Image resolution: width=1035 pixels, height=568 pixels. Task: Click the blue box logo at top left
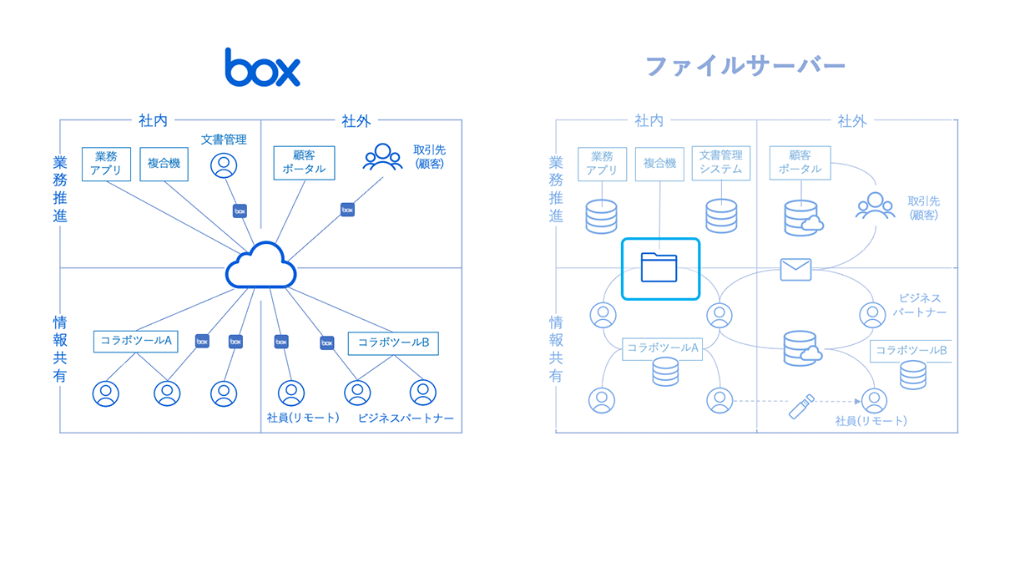[x=262, y=68]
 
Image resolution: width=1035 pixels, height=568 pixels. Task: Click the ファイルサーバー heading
[x=745, y=66]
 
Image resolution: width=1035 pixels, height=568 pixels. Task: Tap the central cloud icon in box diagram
[x=261, y=266]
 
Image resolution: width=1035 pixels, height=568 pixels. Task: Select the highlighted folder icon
[x=660, y=268]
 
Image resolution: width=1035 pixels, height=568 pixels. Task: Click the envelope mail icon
[x=795, y=270]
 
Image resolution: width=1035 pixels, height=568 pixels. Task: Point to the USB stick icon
[x=801, y=406]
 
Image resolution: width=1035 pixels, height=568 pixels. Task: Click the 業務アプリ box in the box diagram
[x=106, y=164]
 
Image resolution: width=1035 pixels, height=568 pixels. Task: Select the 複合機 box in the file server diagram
[x=659, y=164]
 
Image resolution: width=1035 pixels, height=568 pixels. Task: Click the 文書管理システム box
[x=720, y=163]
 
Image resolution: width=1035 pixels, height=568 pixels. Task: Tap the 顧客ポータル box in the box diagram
[x=304, y=163]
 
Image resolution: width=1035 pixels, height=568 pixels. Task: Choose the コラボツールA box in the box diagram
[x=135, y=341]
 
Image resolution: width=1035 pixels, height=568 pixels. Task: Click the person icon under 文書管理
[x=223, y=165]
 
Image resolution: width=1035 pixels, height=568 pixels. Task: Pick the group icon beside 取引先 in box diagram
[x=382, y=157]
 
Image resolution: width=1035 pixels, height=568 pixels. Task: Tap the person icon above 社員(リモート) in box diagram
[x=290, y=393]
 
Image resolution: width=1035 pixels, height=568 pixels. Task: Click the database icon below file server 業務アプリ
[x=601, y=216]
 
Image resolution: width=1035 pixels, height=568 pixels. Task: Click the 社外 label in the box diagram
[x=356, y=121]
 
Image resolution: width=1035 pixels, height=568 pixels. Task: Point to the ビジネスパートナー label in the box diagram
[x=406, y=418]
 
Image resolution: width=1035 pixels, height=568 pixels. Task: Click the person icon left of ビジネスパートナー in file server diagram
[x=872, y=316]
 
